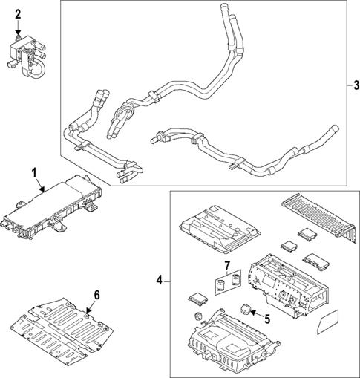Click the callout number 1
click(33, 173)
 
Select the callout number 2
click(19, 13)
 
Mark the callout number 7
click(226, 266)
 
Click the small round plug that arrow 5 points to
click(244, 310)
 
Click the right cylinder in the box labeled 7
click(232, 282)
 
